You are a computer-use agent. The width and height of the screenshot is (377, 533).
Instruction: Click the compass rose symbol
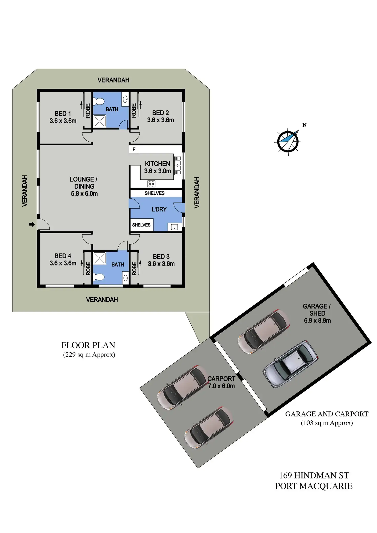coord(288,141)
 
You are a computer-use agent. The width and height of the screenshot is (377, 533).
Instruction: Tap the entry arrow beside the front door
coord(32,225)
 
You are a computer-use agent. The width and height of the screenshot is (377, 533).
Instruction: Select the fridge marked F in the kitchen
coord(134,150)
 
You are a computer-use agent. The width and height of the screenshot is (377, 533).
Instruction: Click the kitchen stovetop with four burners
coord(151,184)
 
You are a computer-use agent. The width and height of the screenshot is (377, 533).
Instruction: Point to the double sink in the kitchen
coord(178,165)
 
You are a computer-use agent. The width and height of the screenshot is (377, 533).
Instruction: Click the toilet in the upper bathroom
coord(99,102)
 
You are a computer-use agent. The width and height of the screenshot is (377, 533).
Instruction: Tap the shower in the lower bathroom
coord(99,258)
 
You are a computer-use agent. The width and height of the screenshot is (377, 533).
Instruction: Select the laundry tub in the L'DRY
coord(174,227)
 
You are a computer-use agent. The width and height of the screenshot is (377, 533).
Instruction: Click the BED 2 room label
coord(161,113)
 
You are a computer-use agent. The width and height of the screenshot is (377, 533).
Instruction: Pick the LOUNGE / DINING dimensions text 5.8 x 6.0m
coord(84,194)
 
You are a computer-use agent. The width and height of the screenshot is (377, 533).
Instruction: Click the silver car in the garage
coord(290,364)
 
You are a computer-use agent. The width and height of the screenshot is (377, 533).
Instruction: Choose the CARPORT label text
coord(221,379)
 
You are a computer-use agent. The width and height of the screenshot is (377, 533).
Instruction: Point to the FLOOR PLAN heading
coord(88,345)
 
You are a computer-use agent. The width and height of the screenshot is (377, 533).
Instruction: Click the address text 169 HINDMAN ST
coord(314,475)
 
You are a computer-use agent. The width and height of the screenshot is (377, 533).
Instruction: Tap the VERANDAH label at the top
coord(113,80)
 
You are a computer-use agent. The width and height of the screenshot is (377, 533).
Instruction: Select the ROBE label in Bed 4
coord(88,269)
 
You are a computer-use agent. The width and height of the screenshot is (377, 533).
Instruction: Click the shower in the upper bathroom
coord(99,121)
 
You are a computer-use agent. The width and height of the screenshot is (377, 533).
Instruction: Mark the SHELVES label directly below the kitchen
coord(154,193)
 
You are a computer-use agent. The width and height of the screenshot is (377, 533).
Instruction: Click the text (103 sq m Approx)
coord(327,423)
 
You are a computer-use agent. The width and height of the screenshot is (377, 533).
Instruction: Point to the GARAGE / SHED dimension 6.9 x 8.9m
coord(317,321)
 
